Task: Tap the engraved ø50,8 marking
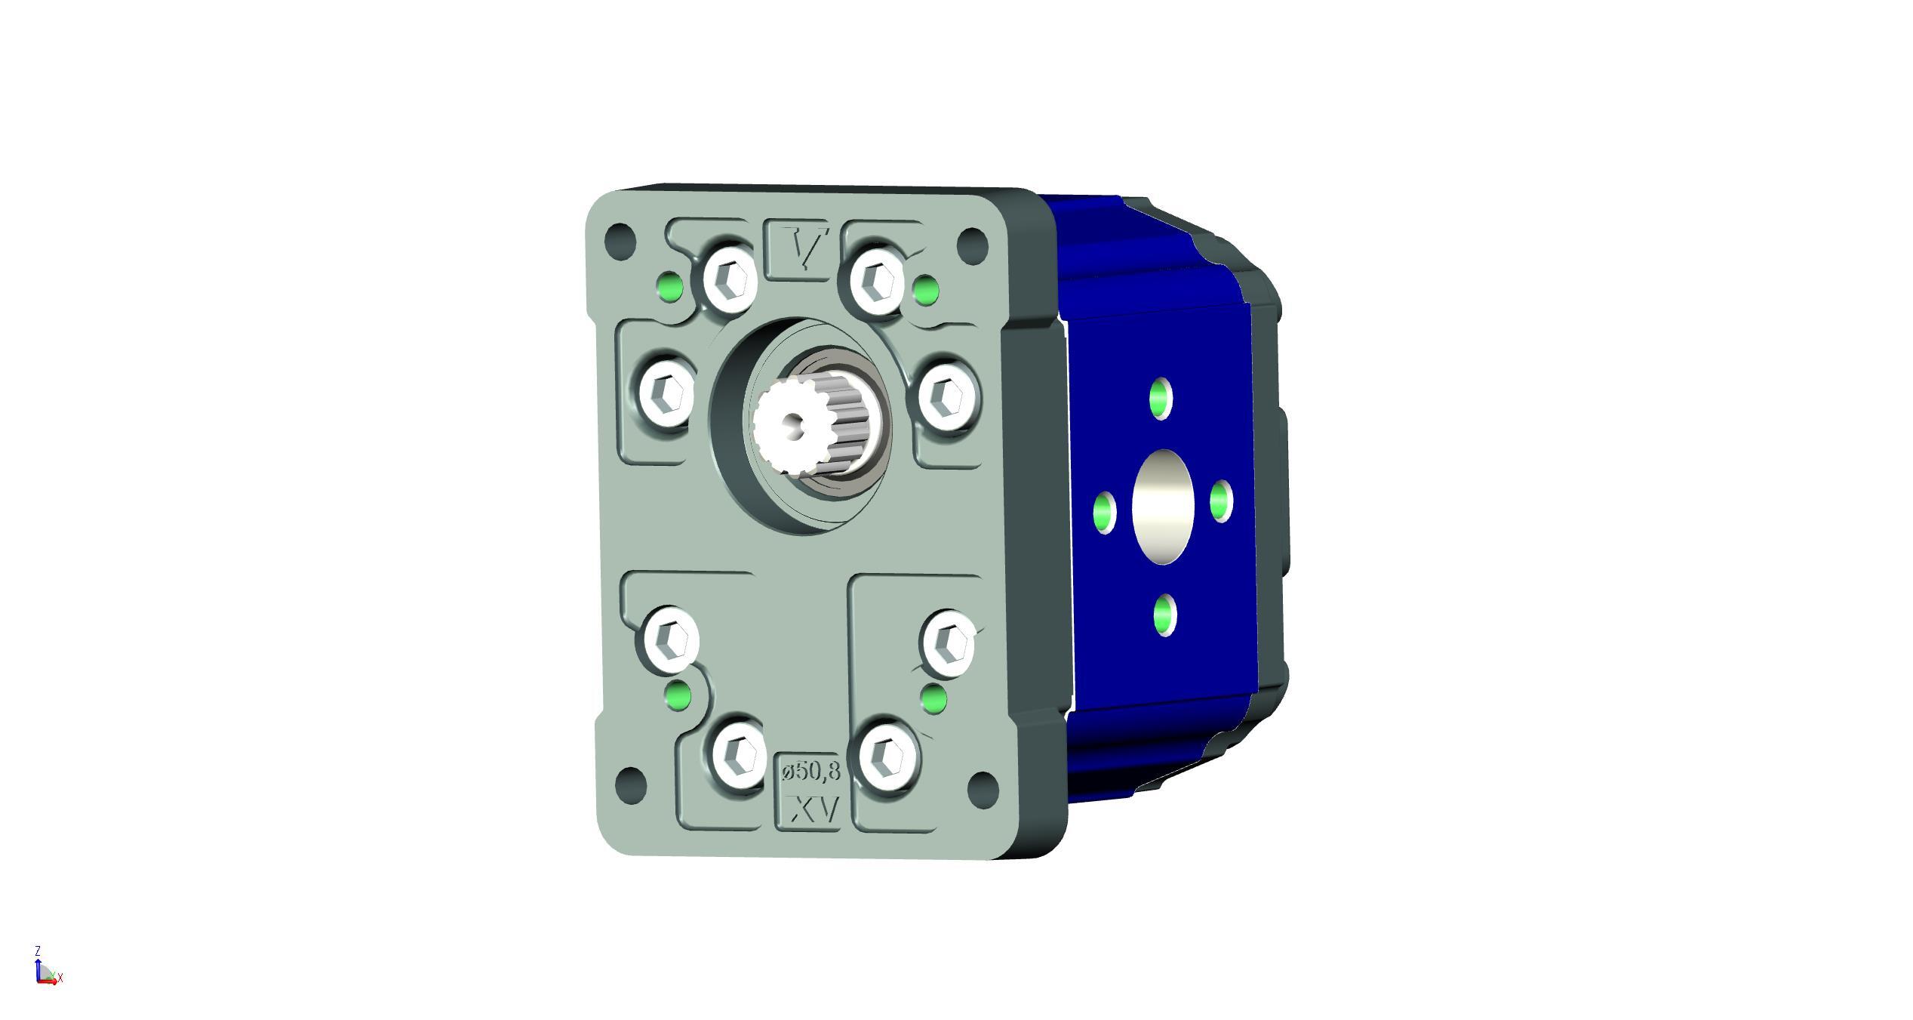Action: pyautogui.click(x=811, y=771)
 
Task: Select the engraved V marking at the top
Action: pyautogui.click(x=801, y=247)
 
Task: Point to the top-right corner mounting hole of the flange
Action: pyautogui.click(x=972, y=242)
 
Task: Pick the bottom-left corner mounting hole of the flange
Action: pyautogui.click(x=632, y=784)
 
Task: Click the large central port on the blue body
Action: pyautogui.click(x=1163, y=507)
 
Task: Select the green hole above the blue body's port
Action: pyautogui.click(x=1161, y=399)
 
